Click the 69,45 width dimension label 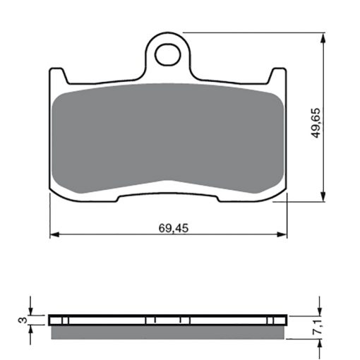click(x=174, y=228)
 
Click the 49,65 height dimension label click(x=316, y=123)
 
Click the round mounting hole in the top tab click(x=168, y=54)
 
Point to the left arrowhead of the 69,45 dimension click(x=54, y=234)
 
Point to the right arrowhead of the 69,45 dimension click(x=282, y=234)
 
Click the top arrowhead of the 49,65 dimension click(x=323, y=37)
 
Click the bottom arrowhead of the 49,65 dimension click(x=323, y=197)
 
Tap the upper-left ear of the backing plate click(x=57, y=76)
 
